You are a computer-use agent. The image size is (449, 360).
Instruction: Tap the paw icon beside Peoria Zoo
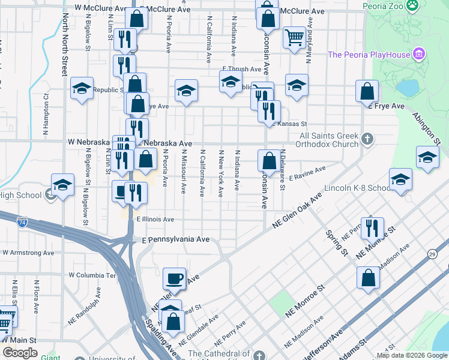point(412,6)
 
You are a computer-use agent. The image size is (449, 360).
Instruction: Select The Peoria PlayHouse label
point(369,55)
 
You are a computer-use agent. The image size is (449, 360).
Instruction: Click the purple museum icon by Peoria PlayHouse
point(420,55)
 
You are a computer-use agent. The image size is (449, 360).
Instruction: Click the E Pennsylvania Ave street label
point(176,239)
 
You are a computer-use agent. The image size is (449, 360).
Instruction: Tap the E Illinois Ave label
point(155,220)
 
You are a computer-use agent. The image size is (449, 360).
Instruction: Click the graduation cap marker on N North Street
point(82,89)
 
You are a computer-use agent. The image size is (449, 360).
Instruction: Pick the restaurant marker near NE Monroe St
point(373,227)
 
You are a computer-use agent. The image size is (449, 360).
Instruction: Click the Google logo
point(20,353)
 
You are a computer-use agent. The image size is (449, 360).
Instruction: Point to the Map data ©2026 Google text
point(411,355)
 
